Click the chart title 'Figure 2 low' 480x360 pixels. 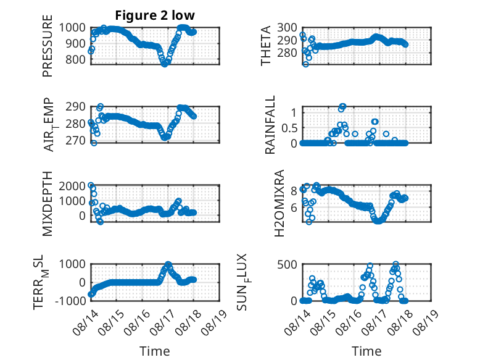[155, 15]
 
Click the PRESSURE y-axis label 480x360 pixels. [48, 46]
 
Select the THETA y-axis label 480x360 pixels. [266, 46]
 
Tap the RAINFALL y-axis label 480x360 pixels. [270, 125]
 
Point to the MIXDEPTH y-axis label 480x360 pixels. [48, 203]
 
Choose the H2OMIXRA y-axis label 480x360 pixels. [279, 203]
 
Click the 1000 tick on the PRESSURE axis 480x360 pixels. [72, 28]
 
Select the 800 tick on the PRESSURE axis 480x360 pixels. [75, 59]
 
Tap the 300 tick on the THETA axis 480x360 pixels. [287, 28]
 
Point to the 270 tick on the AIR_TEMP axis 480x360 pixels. [75, 140]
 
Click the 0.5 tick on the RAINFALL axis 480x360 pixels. [289, 128]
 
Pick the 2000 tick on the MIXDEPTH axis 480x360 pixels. [72, 186]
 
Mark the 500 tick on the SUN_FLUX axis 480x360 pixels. [287, 264]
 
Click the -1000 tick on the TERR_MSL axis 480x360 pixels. [70, 301]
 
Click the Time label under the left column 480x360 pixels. [155, 351]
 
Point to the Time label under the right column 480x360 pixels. [366, 351]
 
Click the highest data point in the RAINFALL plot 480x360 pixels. [343, 106]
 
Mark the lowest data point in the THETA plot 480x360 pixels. [305, 64]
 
